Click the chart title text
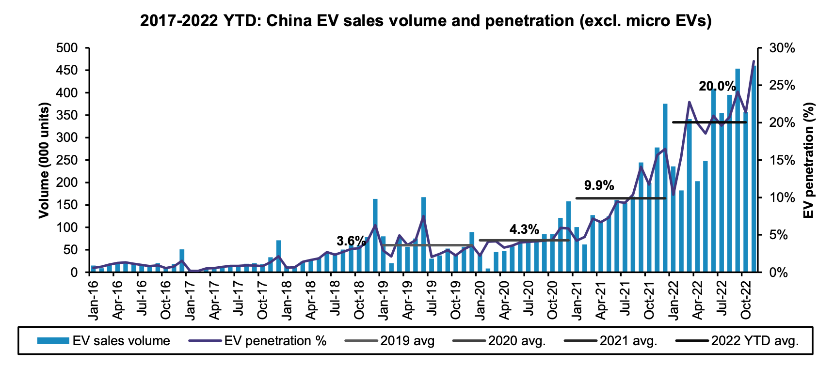[x=426, y=21]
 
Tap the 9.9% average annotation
[x=599, y=185]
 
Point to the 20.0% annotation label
[x=717, y=86]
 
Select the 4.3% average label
[x=524, y=229]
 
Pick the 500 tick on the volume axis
[x=67, y=48]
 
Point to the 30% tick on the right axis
[x=782, y=48]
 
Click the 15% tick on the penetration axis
[x=782, y=160]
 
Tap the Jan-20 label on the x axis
[x=480, y=299]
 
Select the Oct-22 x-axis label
[x=746, y=299]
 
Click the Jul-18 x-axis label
[x=335, y=299]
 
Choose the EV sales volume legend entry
[x=104, y=341]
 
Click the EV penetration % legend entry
[x=257, y=341]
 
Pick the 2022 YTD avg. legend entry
[x=737, y=341]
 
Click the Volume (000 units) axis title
[x=44, y=160]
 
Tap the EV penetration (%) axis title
[x=809, y=160]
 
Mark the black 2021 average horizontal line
[x=621, y=198]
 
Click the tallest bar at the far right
[x=754, y=169]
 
